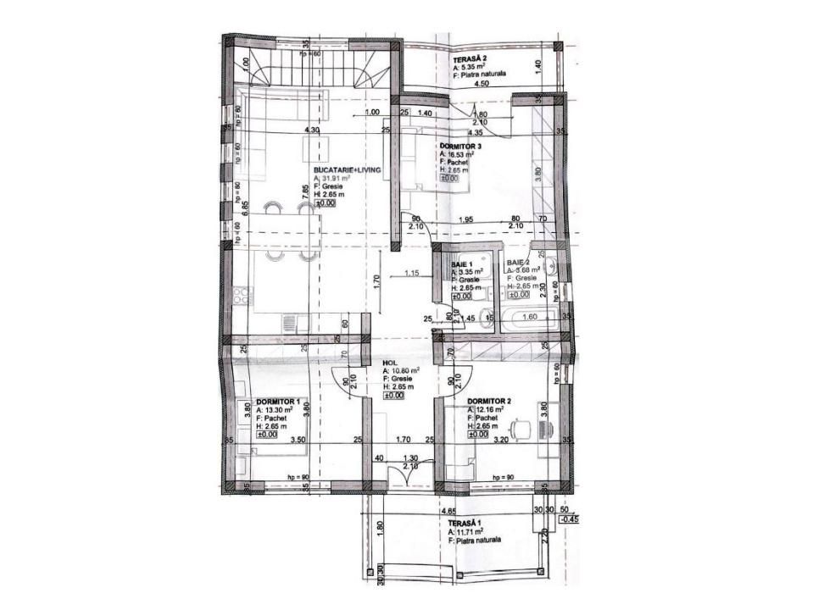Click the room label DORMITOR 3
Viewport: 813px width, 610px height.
(x=464, y=147)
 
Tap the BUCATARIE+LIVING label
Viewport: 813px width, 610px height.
(x=348, y=170)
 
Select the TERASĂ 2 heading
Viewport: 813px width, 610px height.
(x=469, y=57)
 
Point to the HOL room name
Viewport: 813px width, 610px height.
(x=390, y=362)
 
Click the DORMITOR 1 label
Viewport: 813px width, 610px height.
(x=279, y=401)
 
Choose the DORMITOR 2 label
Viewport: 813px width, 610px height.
(x=490, y=401)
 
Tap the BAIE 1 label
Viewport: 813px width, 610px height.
(x=464, y=265)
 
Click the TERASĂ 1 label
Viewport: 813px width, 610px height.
(x=466, y=524)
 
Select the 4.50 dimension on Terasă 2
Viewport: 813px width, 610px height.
(x=482, y=84)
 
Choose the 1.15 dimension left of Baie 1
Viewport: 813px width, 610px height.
(x=413, y=273)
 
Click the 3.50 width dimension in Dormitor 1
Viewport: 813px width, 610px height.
(x=297, y=441)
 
